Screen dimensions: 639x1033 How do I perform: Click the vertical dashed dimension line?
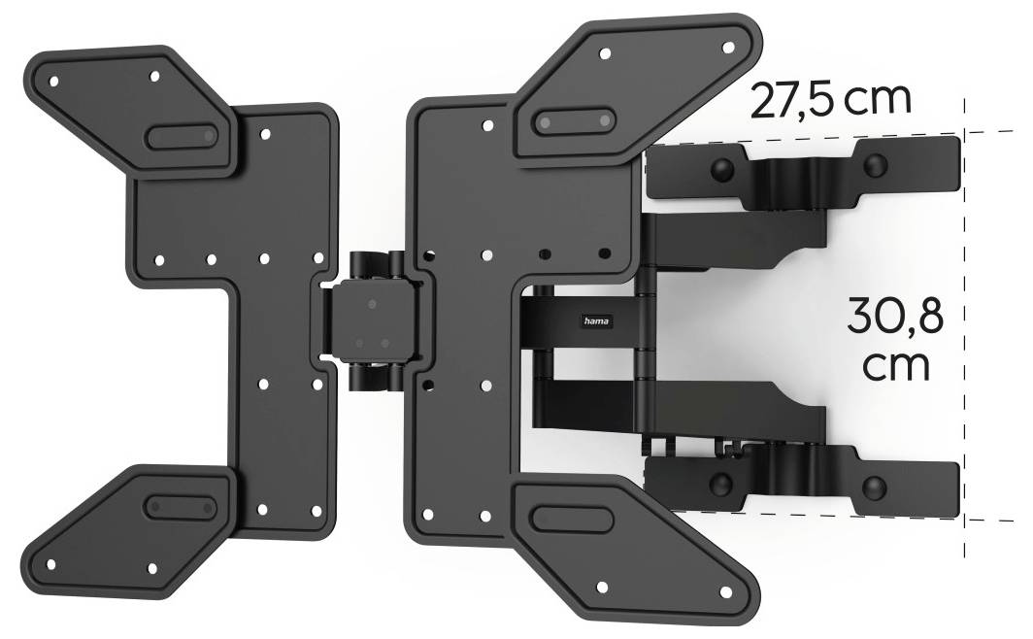pyautogui.click(x=964, y=291)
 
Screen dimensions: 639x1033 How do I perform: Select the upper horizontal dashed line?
pyautogui.click(x=990, y=131)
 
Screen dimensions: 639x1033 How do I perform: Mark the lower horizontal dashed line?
pyautogui.click(x=990, y=520)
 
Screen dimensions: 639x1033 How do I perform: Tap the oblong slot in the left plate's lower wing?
pyautogui.click(x=180, y=506)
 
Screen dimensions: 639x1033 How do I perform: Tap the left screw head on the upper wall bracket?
pyautogui.click(x=721, y=169)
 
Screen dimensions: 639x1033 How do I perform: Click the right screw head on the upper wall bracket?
pyautogui.click(x=876, y=163)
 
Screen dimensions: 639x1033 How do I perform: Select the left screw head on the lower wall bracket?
pyautogui.click(x=720, y=484)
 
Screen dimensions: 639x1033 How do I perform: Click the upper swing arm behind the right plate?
pyautogui.click(x=738, y=239)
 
